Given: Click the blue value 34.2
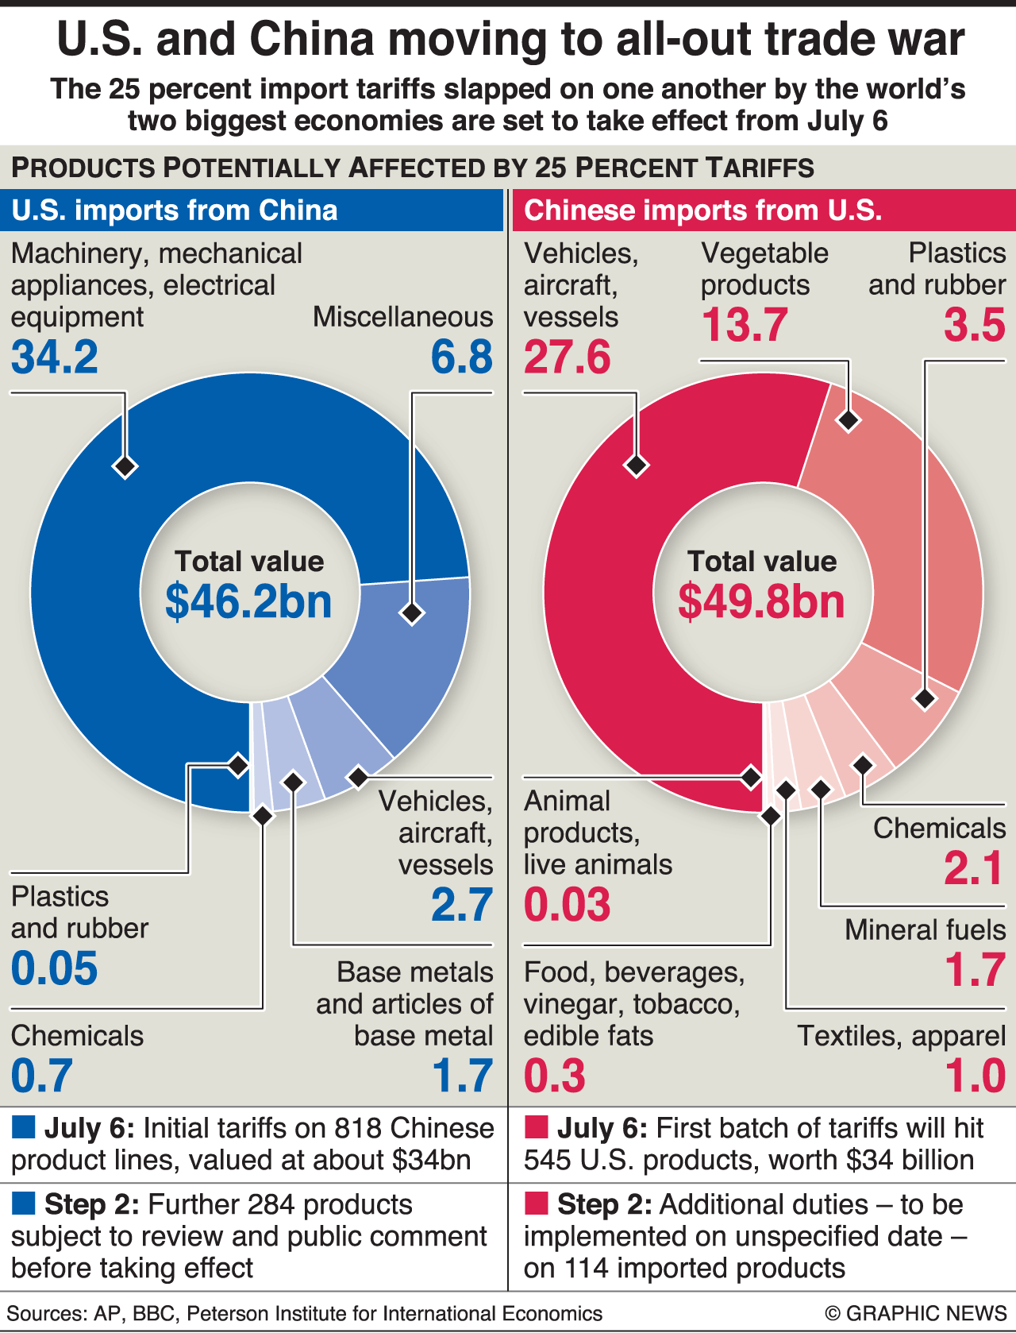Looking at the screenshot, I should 55,357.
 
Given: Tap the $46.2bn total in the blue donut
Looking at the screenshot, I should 248,601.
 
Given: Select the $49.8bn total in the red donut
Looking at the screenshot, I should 761,601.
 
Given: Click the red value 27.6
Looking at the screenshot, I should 568,357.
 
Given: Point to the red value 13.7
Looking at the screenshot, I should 745,325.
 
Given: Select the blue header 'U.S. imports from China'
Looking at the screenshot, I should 175,211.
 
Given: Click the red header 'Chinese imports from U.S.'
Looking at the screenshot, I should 703,211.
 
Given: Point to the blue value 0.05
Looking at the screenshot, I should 55,968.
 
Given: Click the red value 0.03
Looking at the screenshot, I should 568,905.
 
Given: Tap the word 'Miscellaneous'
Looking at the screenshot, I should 402,317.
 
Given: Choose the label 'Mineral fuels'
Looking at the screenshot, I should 925,929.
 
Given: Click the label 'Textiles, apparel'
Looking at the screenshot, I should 901,1036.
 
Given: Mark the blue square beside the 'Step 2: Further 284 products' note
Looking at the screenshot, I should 24,1204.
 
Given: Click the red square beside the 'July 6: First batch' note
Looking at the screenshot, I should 537,1128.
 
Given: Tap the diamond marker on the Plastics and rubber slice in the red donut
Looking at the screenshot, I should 925,698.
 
